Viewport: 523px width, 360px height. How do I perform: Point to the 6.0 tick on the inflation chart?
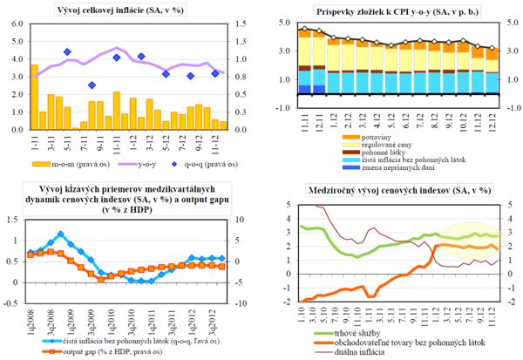point(17,24)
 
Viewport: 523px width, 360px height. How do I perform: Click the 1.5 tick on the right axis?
point(239,24)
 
